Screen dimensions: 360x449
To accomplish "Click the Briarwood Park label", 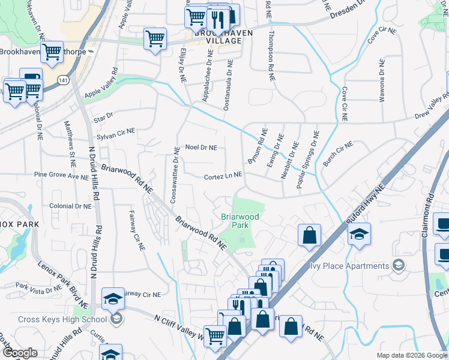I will (235, 220).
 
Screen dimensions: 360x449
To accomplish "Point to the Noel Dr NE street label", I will (200, 146).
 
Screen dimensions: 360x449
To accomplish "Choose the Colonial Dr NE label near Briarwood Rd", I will (70, 205).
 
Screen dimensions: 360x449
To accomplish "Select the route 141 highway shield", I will (63, 79).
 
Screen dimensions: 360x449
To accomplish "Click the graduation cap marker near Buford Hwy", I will (359, 234).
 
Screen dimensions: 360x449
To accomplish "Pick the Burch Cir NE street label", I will (338, 153).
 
